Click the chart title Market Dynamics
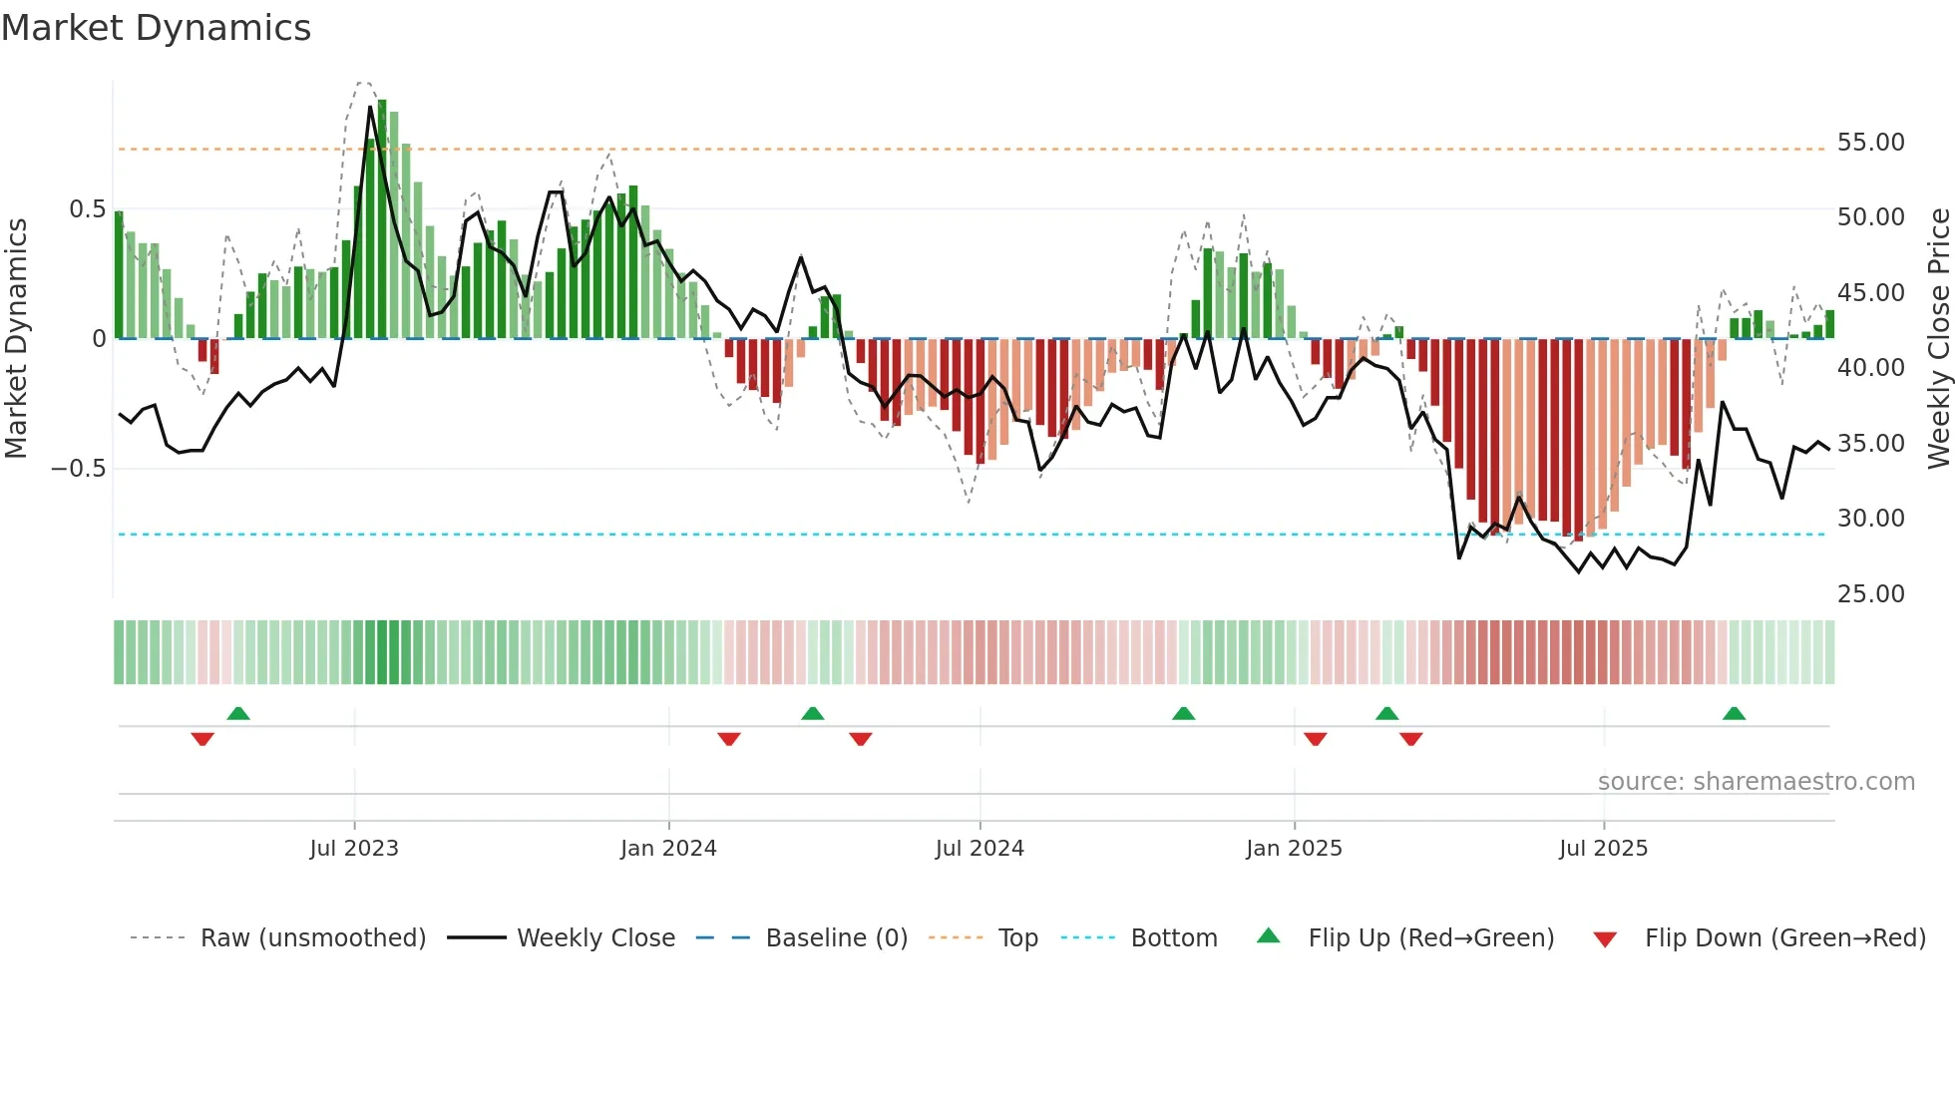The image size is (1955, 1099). [156, 28]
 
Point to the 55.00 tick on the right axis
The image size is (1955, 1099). [1870, 143]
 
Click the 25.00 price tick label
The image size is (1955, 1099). [1870, 594]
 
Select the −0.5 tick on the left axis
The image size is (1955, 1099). [79, 469]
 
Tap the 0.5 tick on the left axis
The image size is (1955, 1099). [87, 209]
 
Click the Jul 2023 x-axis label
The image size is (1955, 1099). [354, 849]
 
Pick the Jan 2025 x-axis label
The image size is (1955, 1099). [1294, 849]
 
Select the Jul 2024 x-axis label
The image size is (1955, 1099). [979, 849]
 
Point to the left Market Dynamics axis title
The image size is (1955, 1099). [16, 339]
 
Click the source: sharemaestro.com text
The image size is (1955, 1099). [1756, 782]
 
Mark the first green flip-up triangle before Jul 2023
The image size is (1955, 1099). [238, 714]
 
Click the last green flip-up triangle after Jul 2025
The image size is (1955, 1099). [1734, 714]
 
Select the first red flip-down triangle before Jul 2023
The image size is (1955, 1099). [202, 739]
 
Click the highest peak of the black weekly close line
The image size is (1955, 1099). [370, 106]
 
